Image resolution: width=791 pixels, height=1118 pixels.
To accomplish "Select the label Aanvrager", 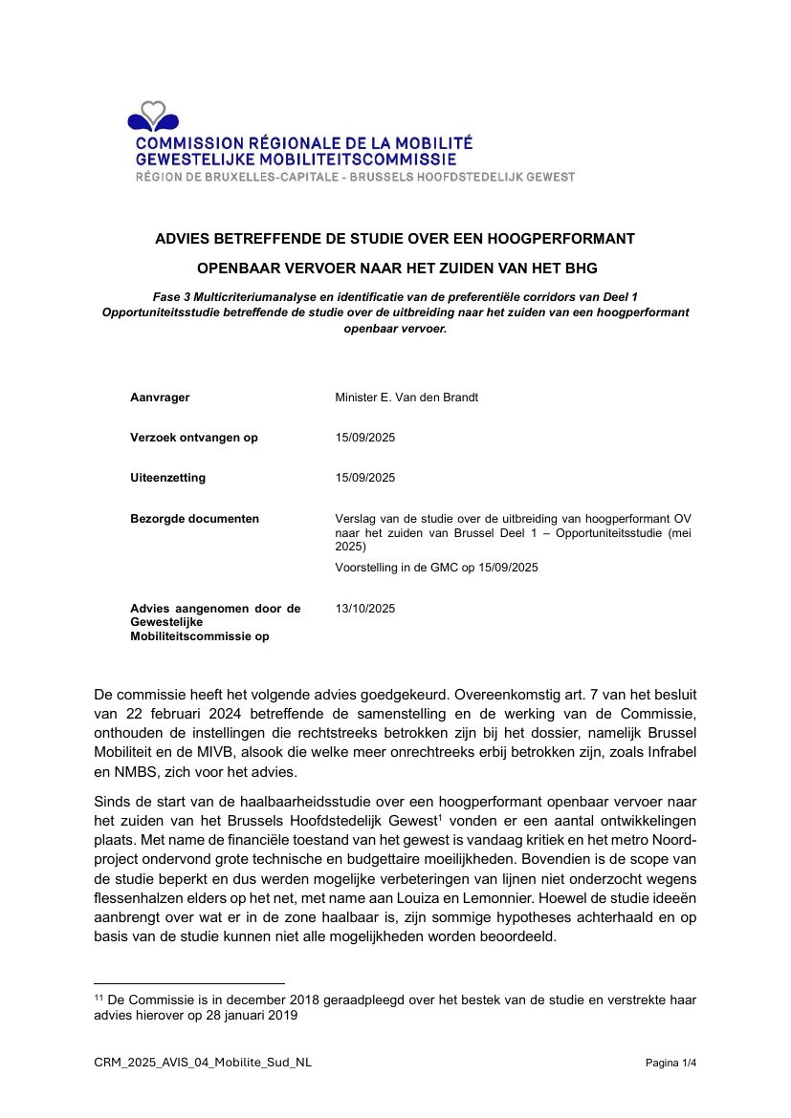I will point(160,398).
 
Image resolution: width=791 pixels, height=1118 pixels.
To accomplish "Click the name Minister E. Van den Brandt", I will point(406,398).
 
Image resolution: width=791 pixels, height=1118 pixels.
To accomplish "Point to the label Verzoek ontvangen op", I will point(194,438).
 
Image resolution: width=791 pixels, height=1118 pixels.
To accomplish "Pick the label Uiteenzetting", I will point(167,478).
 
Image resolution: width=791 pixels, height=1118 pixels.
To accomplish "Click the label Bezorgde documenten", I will point(194,519).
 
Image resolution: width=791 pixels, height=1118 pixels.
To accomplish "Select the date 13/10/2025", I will point(365,609).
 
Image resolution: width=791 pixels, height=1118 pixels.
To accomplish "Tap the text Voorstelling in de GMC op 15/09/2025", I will point(437,568).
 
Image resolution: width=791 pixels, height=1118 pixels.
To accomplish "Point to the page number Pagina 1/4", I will point(670,1063).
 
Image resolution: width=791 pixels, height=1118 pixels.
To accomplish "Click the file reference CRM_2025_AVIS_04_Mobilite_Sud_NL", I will point(203,1063).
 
